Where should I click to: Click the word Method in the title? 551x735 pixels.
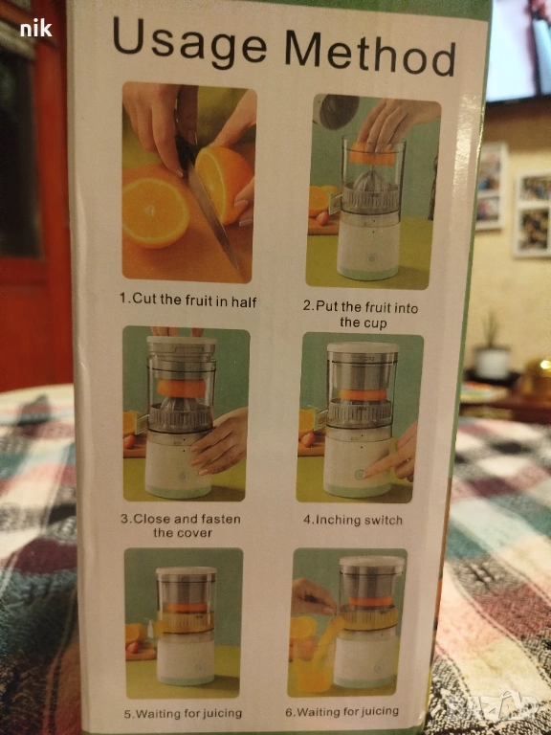click(370, 53)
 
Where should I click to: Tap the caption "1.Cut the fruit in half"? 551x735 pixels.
click(187, 300)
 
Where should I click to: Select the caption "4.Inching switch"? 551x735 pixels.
click(353, 520)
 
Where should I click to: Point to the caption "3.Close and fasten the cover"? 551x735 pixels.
click(181, 526)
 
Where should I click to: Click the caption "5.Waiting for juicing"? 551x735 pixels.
click(184, 714)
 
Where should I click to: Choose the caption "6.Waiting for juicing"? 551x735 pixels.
click(342, 712)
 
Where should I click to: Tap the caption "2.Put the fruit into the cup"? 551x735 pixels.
click(360, 315)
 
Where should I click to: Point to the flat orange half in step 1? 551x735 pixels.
click(155, 212)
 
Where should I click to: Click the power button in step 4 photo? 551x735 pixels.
click(360, 475)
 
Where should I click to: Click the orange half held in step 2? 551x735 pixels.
click(371, 155)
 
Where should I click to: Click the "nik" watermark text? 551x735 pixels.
click(36, 29)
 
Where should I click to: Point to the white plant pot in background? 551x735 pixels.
click(492, 362)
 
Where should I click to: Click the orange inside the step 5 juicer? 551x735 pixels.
click(187, 608)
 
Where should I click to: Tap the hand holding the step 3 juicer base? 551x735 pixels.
click(220, 440)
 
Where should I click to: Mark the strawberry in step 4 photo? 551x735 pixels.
click(307, 439)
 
